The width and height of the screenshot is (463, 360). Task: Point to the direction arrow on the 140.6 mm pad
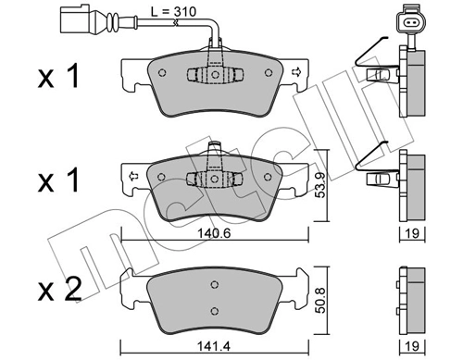pyautogui.click(x=134, y=175)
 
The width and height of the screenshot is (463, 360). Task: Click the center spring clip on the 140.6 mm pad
pyautogui.click(x=213, y=179)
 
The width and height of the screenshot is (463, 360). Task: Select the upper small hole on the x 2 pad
pyautogui.click(x=214, y=289)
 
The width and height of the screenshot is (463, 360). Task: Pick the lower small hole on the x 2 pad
pyautogui.click(x=214, y=310)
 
